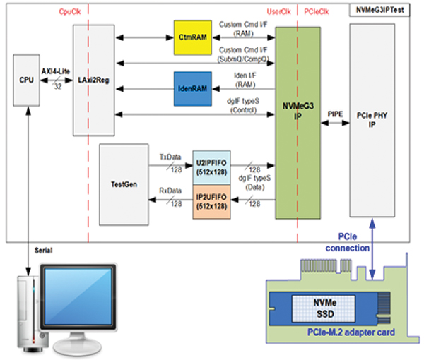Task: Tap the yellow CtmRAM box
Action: click(193, 35)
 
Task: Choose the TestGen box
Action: click(124, 184)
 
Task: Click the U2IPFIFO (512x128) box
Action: click(212, 168)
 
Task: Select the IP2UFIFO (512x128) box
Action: click(212, 200)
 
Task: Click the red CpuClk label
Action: click(69, 10)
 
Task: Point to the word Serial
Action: click(45, 251)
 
